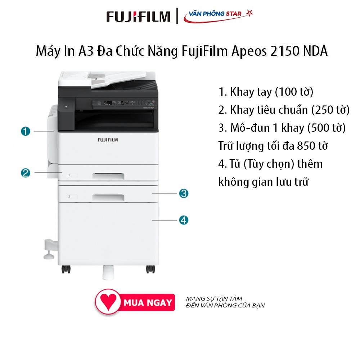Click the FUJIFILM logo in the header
(138, 17)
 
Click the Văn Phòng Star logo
(219, 16)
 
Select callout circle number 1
(26, 131)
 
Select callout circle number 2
(26, 173)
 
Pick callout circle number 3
(184, 193)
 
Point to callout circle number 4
(184, 220)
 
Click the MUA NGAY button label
(148, 303)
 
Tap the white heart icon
(108, 302)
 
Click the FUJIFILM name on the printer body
(108, 140)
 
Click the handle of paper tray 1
(108, 176)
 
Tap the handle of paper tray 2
(108, 197)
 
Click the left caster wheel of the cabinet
(66, 269)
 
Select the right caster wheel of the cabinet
(150, 269)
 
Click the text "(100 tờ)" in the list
(294, 92)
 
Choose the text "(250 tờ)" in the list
(330, 110)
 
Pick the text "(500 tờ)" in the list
(327, 128)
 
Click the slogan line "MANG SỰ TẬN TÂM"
(214, 298)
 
